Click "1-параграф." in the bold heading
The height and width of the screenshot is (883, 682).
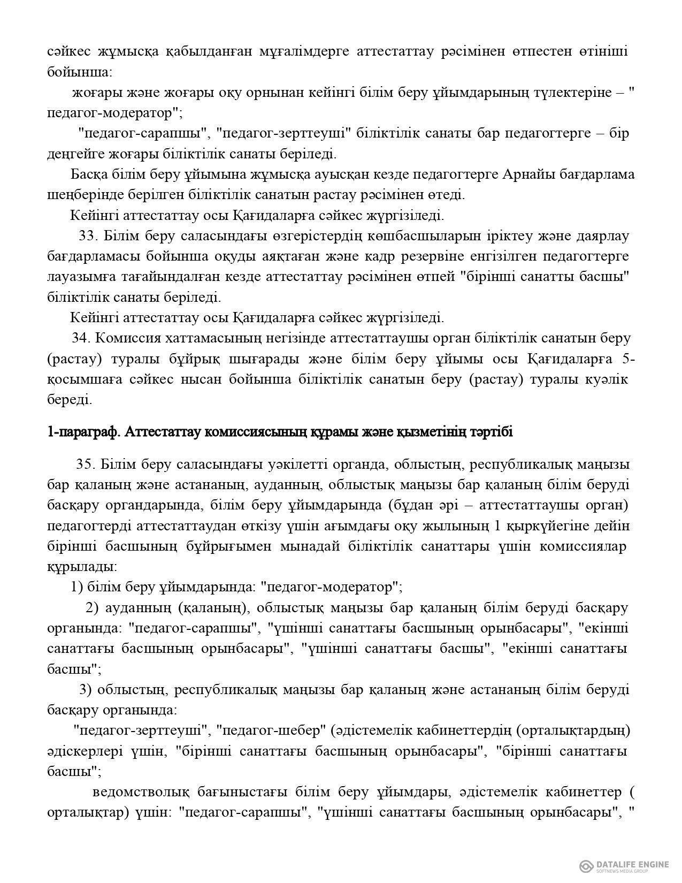(82, 432)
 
